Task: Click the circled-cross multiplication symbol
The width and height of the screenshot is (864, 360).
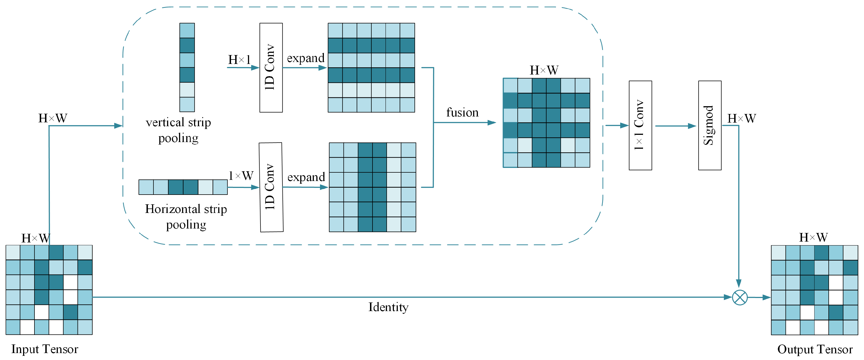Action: pyautogui.click(x=739, y=297)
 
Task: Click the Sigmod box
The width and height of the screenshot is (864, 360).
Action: pyautogui.click(x=709, y=125)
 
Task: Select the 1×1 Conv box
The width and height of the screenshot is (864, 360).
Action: pyautogui.click(x=640, y=125)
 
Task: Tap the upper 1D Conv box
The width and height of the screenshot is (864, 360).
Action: pyautogui.click(x=271, y=68)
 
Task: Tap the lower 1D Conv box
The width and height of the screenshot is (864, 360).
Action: pyautogui.click(x=271, y=187)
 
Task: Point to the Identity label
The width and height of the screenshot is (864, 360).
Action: pyautogui.click(x=388, y=307)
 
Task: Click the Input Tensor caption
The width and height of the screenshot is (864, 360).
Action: pyautogui.click(x=44, y=349)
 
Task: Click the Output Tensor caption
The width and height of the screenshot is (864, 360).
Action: pyautogui.click(x=815, y=349)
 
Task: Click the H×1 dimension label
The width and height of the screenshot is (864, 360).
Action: pyautogui.click(x=239, y=60)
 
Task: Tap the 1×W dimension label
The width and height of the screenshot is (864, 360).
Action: pyautogui.click(x=241, y=175)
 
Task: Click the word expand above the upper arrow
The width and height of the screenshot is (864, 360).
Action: pyautogui.click(x=305, y=58)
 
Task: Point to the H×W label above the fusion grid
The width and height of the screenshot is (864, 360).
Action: pyautogui.click(x=544, y=70)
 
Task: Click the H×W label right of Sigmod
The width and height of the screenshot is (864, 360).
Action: pyautogui.click(x=741, y=118)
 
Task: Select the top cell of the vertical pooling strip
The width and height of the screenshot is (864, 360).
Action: pyautogui.click(x=187, y=31)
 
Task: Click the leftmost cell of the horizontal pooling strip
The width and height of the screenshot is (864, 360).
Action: pyautogui.click(x=146, y=187)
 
